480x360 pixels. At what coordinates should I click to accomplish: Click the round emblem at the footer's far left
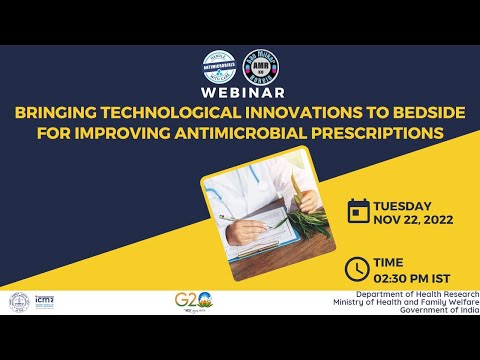click(x=18, y=302)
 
